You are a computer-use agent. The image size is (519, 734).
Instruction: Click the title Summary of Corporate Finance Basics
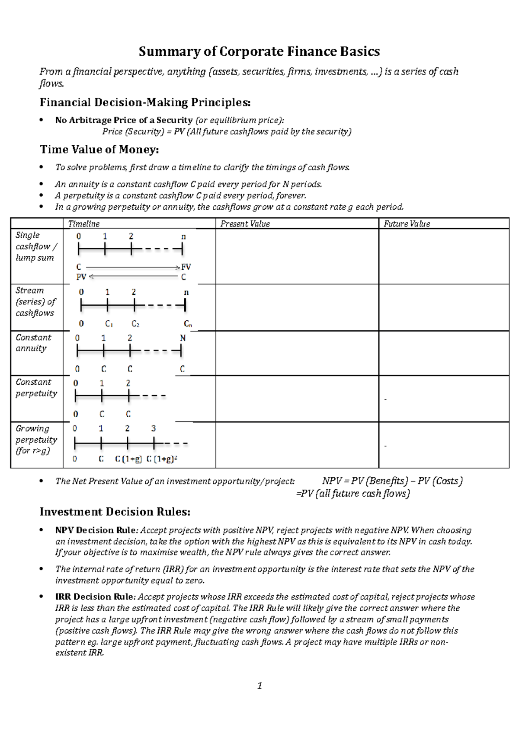pyautogui.click(x=259, y=51)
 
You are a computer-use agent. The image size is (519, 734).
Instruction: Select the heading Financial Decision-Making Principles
pyautogui.click(x=145, y=102)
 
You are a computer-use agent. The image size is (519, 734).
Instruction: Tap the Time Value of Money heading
pyautogui.click(x=99, y=150)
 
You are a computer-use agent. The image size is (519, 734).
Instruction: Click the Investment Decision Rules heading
pyautogui.click(x=115, y=512)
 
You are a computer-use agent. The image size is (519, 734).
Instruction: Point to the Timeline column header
pyautogui.click(x=84, y=223)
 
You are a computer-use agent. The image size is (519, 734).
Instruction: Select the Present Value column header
pyautogui.click(x=245, y=223)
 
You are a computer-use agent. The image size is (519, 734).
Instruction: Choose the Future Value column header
pyautogui.click(x=407, y=223)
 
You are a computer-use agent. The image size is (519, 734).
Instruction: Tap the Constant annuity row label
pyautogui.click(x=33, y=343)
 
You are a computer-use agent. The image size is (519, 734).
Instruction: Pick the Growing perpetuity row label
pyautogui.click(x=36, y=440)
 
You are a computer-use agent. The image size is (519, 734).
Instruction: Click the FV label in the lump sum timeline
pyautogui.click(x=186, y=267)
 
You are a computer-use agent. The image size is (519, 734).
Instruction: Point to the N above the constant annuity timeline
pyautogui.click(x=183, y=338)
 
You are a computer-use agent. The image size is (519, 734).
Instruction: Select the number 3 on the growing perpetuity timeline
pyautogui.click(x=153, y=428)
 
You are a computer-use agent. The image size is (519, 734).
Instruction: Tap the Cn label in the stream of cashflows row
pyautogui.click(x=187, y=324)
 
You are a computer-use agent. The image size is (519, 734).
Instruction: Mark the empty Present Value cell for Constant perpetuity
pyautogui.click(x=297, y=399)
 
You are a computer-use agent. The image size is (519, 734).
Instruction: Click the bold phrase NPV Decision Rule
pyautogui.click(x=95, y=530)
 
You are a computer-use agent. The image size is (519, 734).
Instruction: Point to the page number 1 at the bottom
pyautogui.click(x=259, y=686)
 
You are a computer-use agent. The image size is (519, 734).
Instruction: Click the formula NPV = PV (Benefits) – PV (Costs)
pyautogui.click(x=392, y=481)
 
